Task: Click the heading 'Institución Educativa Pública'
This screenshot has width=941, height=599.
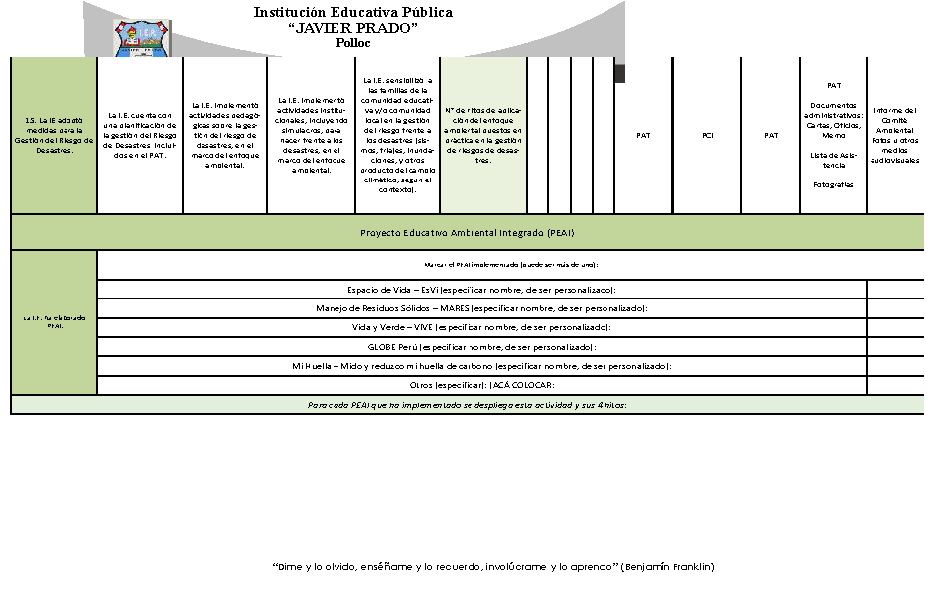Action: pos(352,13)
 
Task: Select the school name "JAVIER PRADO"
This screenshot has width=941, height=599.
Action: pos(352,28)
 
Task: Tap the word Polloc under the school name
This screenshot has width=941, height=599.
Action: pos(352,43)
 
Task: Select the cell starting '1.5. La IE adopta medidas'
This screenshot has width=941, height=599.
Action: pos(54,136)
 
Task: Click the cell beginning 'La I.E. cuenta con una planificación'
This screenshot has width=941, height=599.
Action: pos(139,136)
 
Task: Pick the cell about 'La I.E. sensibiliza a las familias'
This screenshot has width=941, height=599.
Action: pos(397,135)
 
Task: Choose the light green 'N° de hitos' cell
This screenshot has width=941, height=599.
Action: pos(482,136)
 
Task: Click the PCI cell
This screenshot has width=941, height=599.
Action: pos(707,136)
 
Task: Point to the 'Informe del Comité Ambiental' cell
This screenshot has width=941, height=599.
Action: pos(895,136)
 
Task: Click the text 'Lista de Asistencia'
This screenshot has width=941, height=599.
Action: pos(834,160)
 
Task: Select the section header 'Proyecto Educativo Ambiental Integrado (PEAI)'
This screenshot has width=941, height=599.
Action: pos(467,233)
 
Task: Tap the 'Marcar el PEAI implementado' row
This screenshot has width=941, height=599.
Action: pos(510,265)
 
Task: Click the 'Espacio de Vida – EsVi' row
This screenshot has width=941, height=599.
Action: pos(482,290)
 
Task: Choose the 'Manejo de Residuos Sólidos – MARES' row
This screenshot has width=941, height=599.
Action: pos(482,308)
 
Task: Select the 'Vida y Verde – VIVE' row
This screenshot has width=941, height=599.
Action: pos(482,327)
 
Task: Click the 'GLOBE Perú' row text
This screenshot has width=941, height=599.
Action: pos(482,347)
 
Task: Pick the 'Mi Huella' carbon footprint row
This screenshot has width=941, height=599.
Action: pos(482,366)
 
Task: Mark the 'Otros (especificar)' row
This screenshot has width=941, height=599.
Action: pos(482,385)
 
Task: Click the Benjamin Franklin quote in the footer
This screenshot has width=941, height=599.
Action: pos(492,567)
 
